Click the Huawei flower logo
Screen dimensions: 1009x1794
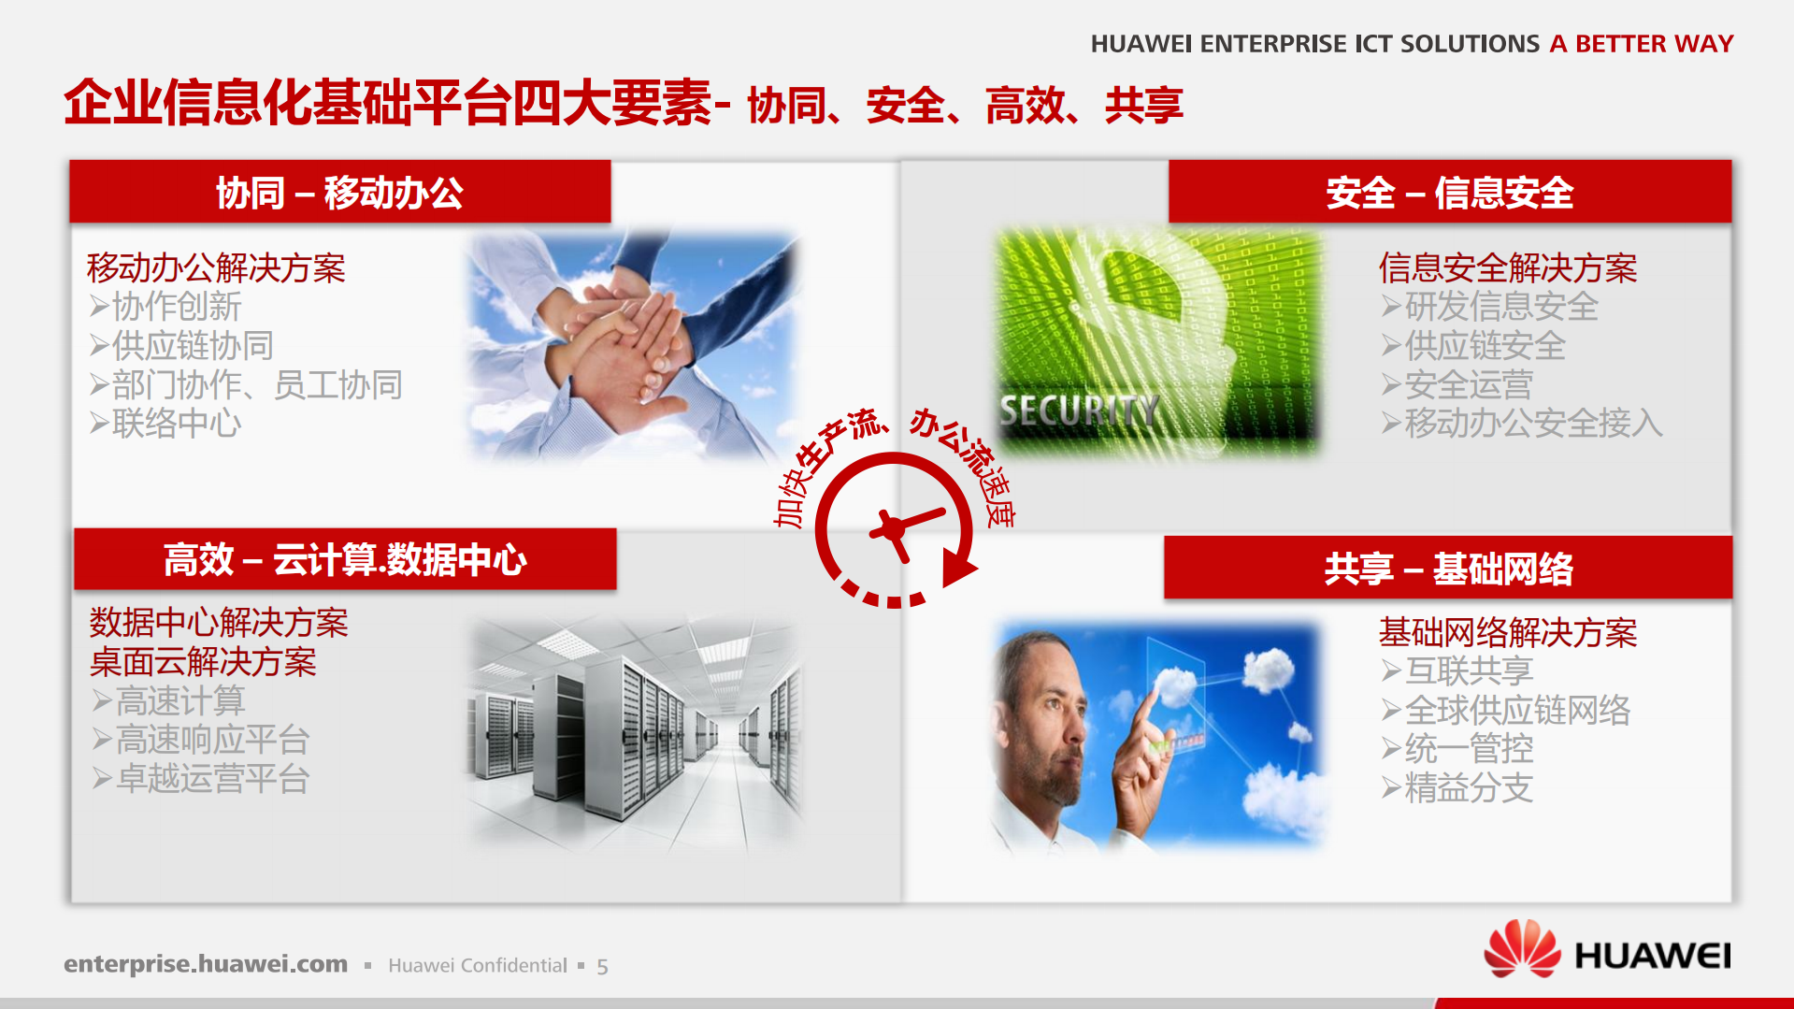coord(1521,949)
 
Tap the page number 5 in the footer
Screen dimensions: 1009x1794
coord(602,966)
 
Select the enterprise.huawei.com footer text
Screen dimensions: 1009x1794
coord(206,964)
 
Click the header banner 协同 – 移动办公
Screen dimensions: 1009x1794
coord(339,193)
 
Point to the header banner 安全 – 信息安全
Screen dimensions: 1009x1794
coord(1449,193)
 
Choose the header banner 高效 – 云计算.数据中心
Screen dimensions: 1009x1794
coord(344,559)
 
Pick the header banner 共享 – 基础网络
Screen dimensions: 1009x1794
coord(1447,568)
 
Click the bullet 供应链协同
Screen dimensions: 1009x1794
coord(192,346)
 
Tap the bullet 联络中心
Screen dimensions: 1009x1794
coord(176,424)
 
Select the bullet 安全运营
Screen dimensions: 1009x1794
coord(1468,384)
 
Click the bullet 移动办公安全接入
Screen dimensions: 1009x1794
coord(1533,424)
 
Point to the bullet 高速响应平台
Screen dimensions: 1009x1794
coord(211,740)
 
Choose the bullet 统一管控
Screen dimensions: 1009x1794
coord(1468,749)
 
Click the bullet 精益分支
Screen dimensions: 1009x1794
coord(1468,788)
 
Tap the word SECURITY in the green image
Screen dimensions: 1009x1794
coord(1078,411)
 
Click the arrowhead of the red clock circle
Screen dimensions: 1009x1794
coord(958,567)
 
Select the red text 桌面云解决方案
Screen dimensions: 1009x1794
coord(203,662)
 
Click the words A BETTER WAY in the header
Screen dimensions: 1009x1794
coord(1641,44)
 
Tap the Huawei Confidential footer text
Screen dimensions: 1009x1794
coord(477,966)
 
